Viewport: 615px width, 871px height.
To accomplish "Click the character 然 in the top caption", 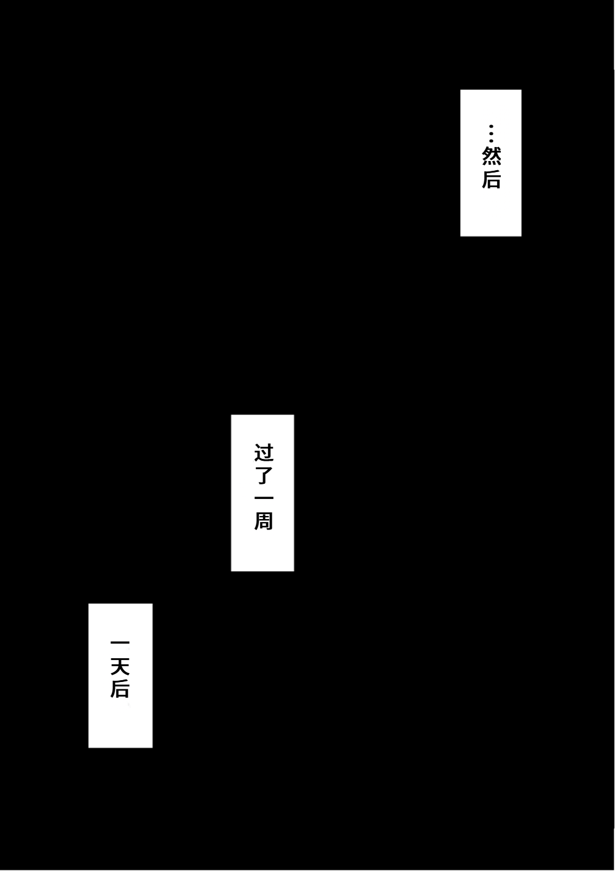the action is [491, 156].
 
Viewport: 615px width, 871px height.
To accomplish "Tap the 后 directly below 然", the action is [491, 179].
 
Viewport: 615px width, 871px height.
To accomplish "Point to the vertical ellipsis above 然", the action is [491, 133].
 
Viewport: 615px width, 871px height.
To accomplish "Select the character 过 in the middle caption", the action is [264, 453].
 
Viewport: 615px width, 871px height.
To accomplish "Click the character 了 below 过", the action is [264, 475].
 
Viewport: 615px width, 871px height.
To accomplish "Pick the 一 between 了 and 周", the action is [264, 498].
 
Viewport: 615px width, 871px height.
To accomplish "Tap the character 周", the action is [264, 521].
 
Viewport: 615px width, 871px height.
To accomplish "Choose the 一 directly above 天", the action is [120, 642].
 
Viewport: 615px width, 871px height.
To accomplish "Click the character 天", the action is [120, 666].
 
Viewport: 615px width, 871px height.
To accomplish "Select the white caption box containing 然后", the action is [490, 163].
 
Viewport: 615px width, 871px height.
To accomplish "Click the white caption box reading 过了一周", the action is [263, 493].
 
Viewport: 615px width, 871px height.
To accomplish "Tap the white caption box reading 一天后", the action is [120, 675].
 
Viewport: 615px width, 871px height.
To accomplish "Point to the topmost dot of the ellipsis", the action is [491, 126].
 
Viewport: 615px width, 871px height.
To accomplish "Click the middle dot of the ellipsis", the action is [491, 133].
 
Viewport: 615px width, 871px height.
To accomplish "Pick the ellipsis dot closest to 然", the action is [491, 140].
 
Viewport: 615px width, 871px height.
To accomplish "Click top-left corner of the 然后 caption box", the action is [460, 90].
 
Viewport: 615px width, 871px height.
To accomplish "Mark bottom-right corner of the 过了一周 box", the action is [294, 571].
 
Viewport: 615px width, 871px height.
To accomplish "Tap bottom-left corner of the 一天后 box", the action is [88, 748].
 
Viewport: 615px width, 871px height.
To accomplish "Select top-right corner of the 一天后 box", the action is [153, 604].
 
